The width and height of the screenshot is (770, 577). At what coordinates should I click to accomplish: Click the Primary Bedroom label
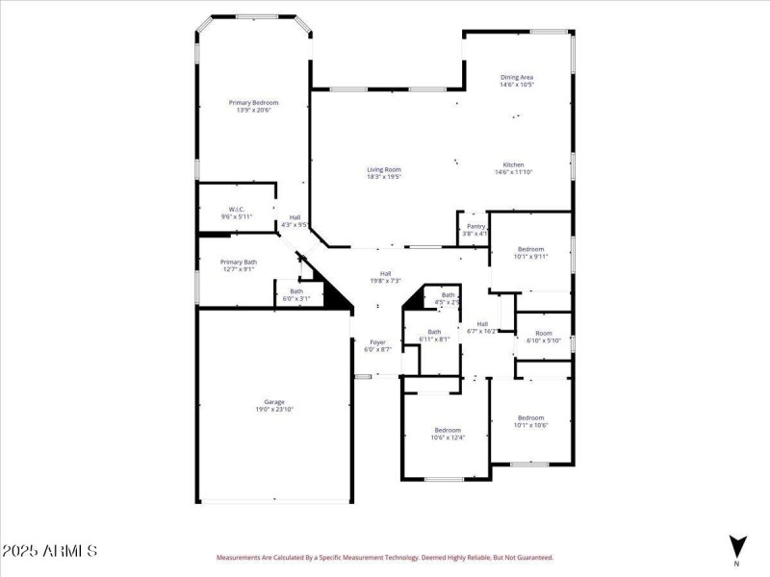point(254,106)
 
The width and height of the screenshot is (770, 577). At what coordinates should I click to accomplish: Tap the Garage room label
point(274,405)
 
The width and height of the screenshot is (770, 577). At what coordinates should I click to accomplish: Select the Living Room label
point(383,173)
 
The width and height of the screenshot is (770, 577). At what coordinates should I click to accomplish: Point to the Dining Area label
point(516,81)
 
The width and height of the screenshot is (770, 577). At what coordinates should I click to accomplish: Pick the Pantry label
point(475,230)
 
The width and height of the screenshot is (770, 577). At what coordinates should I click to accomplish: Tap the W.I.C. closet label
point(237,213)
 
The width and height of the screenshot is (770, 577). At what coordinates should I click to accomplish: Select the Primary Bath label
point(238,265)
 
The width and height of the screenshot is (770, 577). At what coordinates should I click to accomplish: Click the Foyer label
point(378,345)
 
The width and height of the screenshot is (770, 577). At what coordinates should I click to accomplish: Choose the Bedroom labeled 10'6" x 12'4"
point(448,434)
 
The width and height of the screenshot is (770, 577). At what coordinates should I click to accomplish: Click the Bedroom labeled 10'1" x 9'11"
point(529,253)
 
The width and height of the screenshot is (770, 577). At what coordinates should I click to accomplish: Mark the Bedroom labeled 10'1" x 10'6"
point(530,421)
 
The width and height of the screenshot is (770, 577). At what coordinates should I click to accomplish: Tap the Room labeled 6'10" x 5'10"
point(544,338)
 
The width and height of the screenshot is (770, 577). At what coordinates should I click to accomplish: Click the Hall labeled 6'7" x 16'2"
point(482,327)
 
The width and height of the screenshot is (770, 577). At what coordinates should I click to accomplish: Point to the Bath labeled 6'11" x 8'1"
point(434,336)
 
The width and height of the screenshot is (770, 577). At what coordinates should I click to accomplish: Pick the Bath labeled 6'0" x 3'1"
point(295,295)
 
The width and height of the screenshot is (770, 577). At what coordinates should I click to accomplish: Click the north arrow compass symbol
point(737,546)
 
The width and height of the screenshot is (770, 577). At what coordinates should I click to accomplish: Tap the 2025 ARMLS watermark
point(49,552)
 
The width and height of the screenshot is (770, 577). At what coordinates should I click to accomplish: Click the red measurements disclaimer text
point(385,557)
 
